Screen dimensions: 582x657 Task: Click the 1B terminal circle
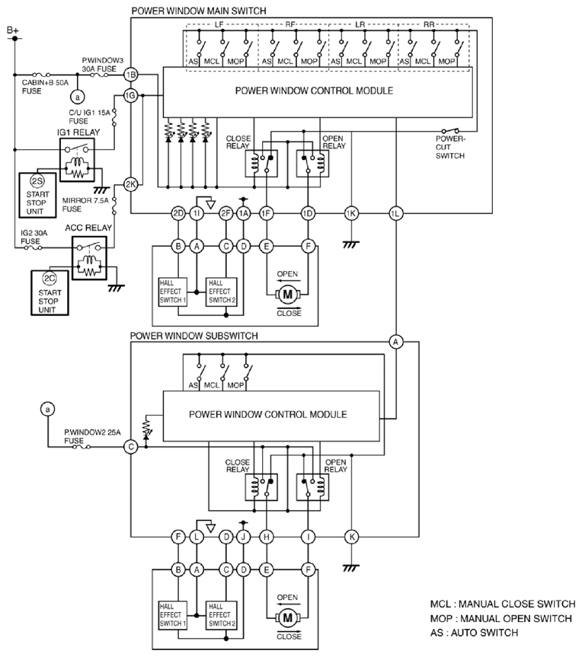coord(131,75)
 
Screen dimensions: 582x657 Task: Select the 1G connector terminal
coord(131,96)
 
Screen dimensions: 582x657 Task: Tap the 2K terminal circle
coord(131,184)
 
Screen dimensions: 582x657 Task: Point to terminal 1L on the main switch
coord(396,213)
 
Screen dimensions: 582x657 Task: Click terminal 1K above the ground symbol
coord(351,213)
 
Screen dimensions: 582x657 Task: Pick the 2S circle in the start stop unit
coord(37,181)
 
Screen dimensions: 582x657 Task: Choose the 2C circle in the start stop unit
coord(50,279)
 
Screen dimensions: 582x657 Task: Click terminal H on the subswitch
coord(267,537)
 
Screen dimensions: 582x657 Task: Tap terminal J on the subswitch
coord(244,537)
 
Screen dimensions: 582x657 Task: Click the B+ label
coord(13,30)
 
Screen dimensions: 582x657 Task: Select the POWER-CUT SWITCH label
coord(450,147)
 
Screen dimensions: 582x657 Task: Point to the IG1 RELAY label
coord(78,132)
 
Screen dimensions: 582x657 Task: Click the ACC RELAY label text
coord(88,228)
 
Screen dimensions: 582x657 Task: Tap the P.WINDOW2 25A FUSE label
coord(92,436)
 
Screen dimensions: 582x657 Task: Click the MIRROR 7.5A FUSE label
coord(85,205)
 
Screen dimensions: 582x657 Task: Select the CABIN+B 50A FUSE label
coord(45,87)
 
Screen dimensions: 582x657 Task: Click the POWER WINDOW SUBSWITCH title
coord(193,336)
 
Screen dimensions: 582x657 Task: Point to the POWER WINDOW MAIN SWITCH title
coord(199,11)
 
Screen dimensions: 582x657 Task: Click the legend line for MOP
coord(501,618)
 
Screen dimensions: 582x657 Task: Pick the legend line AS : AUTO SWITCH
coord(475,633)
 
